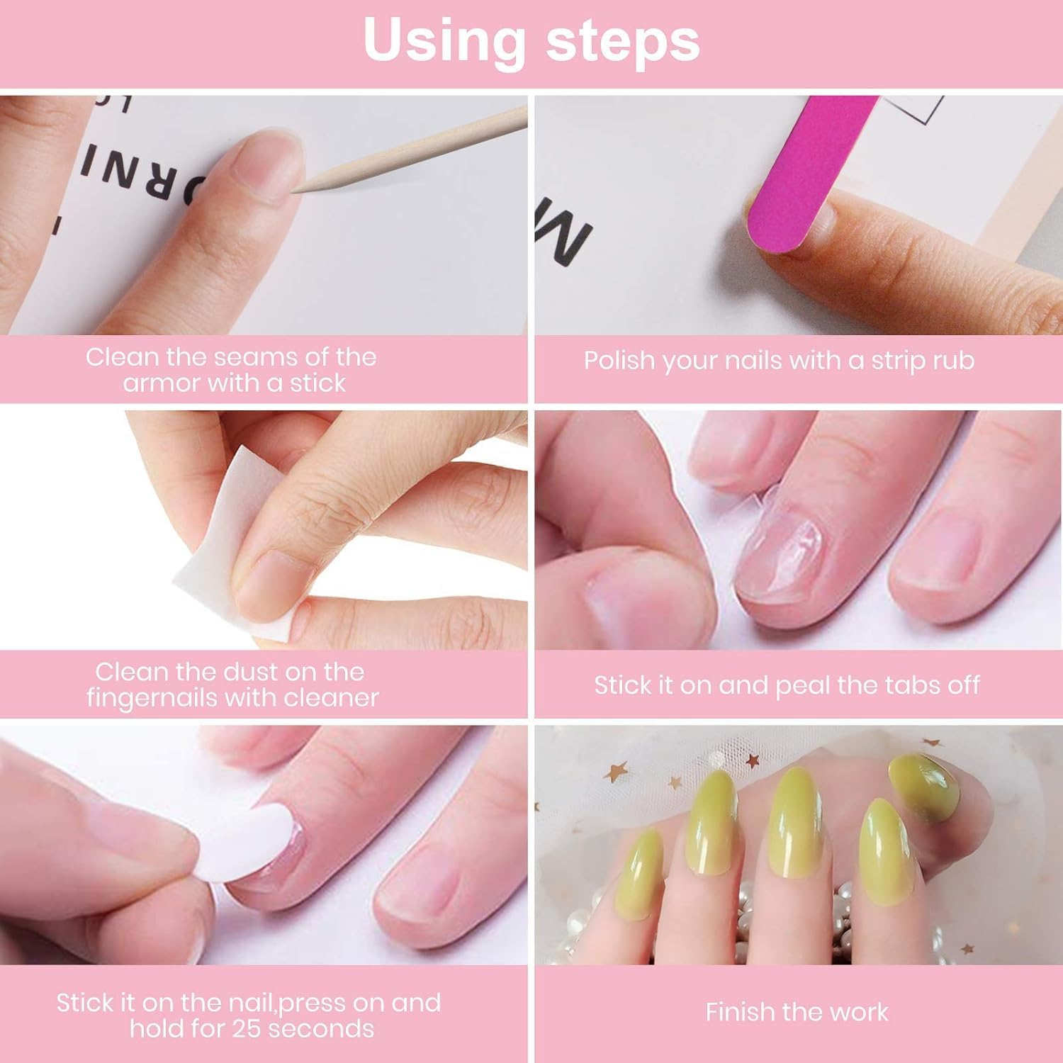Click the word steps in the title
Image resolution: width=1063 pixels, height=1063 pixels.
[623, 40]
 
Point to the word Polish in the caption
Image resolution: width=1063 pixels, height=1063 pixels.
[618, 361]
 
